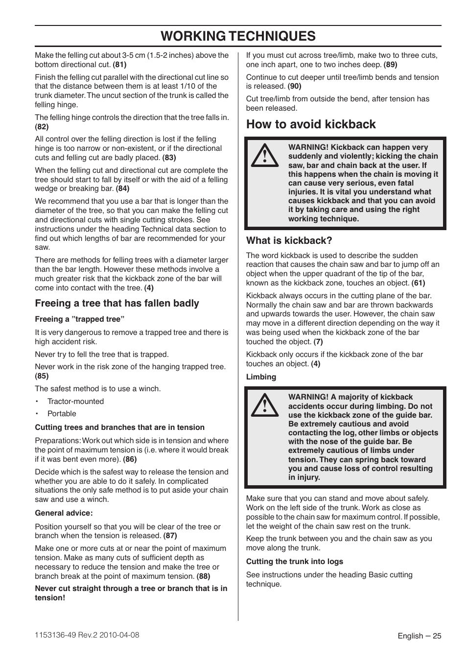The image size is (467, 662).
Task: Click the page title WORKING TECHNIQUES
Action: point(238,36)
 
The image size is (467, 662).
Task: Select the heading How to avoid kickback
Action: point(311,124)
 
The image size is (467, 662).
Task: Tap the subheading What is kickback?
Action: point(289,240)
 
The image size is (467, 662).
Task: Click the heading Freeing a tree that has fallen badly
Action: point(117,303)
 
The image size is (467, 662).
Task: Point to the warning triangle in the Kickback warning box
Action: point(265,155)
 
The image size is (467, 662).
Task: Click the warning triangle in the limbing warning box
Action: point(265,405)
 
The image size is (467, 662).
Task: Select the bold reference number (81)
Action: point(120,65)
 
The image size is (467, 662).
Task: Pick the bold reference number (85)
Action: point(42,376)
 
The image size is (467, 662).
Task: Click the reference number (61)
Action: point(418,283)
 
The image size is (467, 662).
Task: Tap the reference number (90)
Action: point(294,86)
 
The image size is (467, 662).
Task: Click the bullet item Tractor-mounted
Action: point(75,401)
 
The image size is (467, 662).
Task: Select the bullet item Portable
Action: point(62,414)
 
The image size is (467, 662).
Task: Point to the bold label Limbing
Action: point(261,377)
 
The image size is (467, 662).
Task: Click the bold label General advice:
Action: point(64,513)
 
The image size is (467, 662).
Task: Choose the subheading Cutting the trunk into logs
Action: point(294,562)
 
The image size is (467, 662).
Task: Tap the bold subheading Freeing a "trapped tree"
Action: point(80,319)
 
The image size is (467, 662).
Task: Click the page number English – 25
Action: point(419,636)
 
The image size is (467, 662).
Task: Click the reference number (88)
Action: point(203,576)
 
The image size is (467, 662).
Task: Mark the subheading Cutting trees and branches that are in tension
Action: point(119,427)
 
